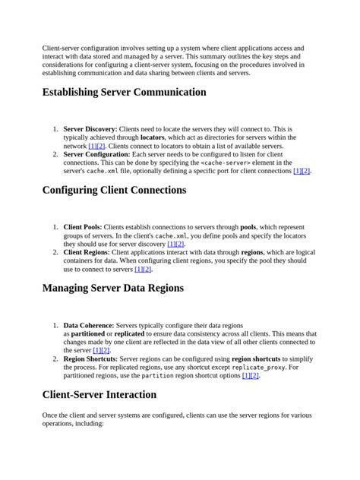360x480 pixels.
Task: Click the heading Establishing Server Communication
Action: pos(124,93)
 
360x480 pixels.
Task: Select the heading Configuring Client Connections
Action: pos(115,190)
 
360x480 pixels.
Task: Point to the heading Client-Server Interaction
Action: pos(99,395)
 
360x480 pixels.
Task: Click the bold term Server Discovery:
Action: pos(90,130)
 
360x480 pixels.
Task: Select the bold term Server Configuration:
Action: pos(96,154)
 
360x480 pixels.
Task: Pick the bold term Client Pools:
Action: pos(82,227)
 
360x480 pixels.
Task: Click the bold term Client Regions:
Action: pos(87,251)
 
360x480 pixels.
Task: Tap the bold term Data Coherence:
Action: pos(89,325)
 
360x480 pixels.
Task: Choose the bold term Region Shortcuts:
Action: pos(90,358)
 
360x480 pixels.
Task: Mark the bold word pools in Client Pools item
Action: pos(248,227)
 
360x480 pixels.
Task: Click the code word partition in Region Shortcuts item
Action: pos(157,375)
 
